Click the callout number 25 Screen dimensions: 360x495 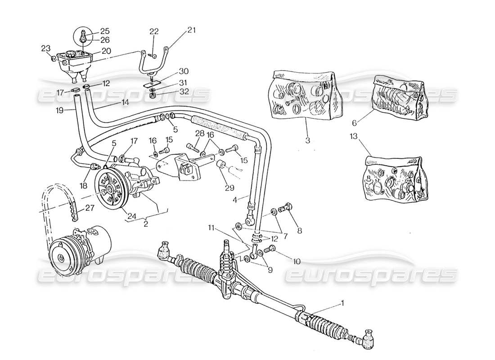coord(105,31)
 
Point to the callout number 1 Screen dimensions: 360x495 coord(343,303)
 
